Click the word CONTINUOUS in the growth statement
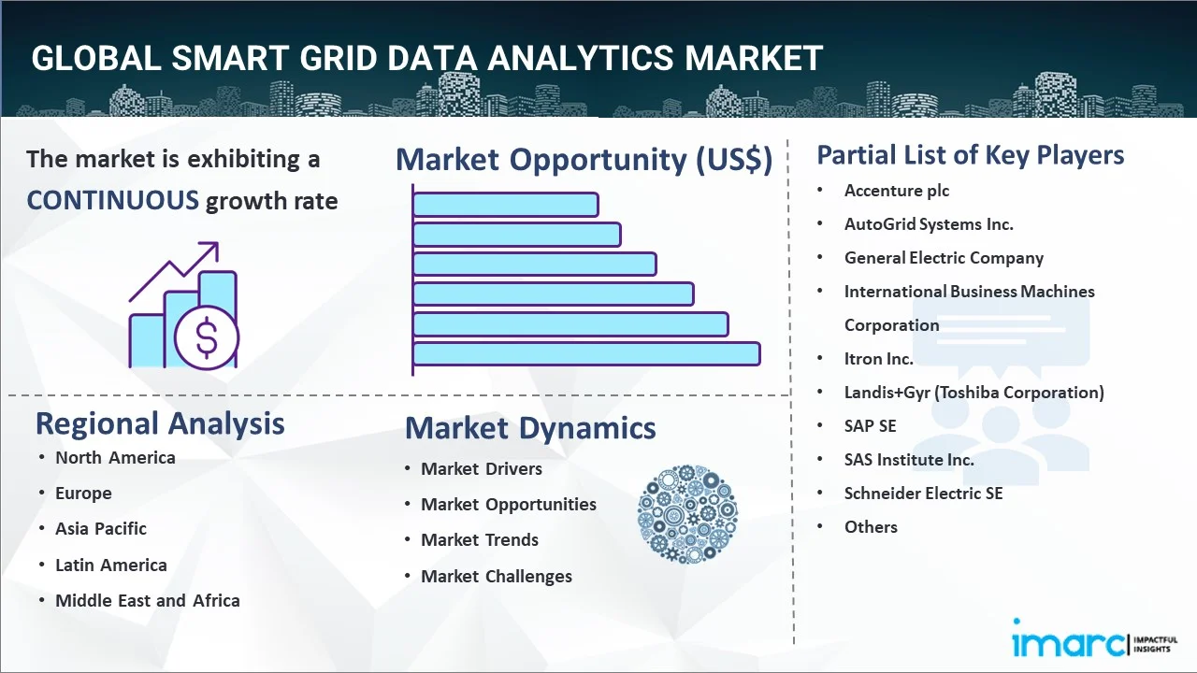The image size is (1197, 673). point(112,200)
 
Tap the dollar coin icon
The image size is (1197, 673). point(206,338)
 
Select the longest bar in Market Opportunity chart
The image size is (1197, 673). point(586,353)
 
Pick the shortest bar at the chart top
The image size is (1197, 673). point(505,204)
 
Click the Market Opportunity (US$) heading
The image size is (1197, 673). point(584,160)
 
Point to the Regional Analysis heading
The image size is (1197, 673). point(160,423)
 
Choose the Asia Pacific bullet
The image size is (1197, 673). point(101,528)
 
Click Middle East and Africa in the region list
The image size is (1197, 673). point(148,600)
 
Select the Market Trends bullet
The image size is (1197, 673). point(480,539)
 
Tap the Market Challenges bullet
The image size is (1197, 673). point(497,576)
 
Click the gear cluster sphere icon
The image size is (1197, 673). point(687,514)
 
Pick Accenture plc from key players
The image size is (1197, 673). point(897,191)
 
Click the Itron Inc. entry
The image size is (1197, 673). point(878,358)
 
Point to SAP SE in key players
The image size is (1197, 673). point(870,425)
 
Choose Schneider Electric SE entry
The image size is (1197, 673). point(923,493)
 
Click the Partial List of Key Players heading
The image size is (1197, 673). point(971,154)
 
